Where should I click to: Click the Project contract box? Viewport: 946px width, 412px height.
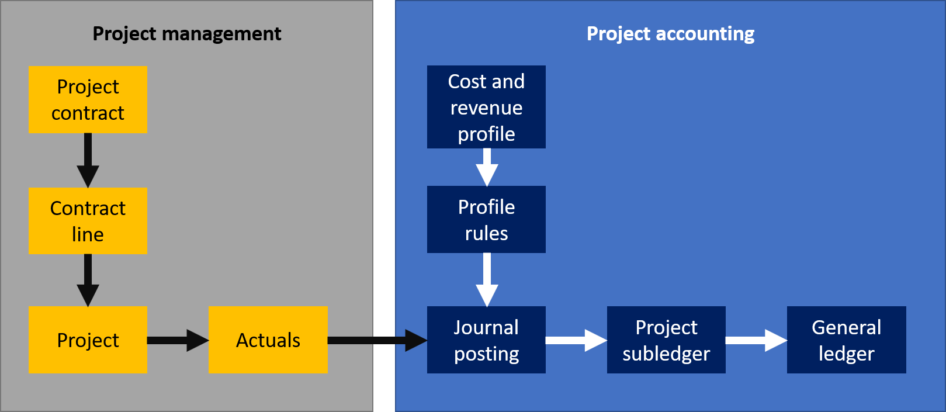[88, 99]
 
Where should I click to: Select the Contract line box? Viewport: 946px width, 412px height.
[88, 221]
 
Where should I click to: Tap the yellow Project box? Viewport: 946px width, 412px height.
[88, 340]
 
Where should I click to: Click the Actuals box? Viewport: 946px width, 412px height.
[268, 340]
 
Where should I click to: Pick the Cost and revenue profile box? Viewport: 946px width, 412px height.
[486, 107]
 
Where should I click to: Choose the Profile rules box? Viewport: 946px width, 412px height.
[486, 219]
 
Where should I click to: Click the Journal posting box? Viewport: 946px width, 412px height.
[486, 340]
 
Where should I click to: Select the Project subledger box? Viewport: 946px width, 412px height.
[666, 340]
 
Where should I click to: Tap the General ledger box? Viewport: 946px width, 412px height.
[846, 340]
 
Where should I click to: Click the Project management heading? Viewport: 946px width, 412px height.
[187, 34]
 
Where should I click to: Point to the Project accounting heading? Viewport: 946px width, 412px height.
[670, 34]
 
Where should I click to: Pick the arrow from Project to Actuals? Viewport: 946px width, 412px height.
[177, 340]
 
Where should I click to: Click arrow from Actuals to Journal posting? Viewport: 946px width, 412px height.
[377, 340]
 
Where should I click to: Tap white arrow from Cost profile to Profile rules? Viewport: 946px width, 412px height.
[487, 167]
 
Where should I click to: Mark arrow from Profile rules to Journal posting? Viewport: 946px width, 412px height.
[487, 279]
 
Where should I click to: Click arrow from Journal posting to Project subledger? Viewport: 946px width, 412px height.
[576, 340]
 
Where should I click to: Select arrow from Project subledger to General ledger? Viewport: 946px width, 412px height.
[756, 340]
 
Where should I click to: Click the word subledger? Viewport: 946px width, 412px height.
[666, 354]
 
